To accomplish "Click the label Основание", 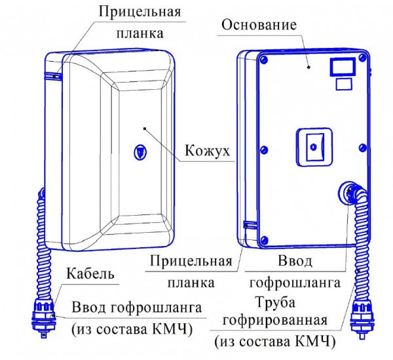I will (260, 26).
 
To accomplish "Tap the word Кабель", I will (90, 273).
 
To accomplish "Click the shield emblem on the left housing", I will (140, 151).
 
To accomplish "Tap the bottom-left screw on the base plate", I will (263, 238).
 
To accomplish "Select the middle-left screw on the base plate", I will (263, 145).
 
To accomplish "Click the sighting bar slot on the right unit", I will (247, 226).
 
